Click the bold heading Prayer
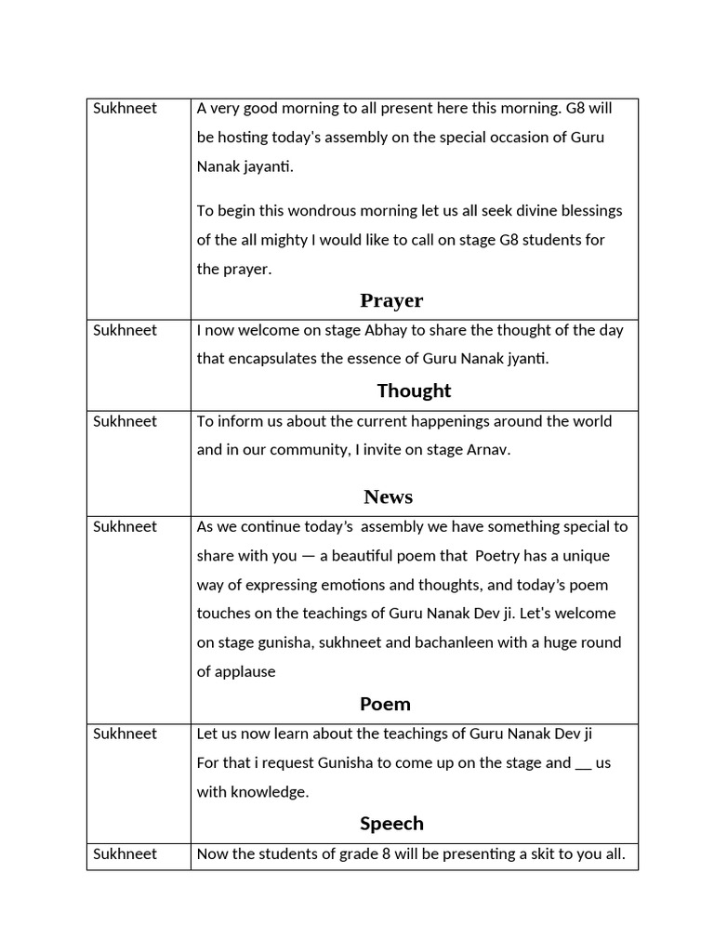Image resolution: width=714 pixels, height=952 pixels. (391, 300)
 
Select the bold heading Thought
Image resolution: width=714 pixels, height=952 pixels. (414, 390)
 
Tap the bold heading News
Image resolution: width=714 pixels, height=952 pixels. (388, 496)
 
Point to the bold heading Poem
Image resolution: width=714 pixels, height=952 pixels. (385, 704)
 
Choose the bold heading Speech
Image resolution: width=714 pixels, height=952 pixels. (391, 824)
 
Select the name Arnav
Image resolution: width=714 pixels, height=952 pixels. (486, 450)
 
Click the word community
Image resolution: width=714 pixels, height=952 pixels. (296, 450)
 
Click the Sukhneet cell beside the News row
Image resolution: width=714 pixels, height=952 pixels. (125, 421)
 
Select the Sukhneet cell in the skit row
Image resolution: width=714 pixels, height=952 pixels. (125, 853)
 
